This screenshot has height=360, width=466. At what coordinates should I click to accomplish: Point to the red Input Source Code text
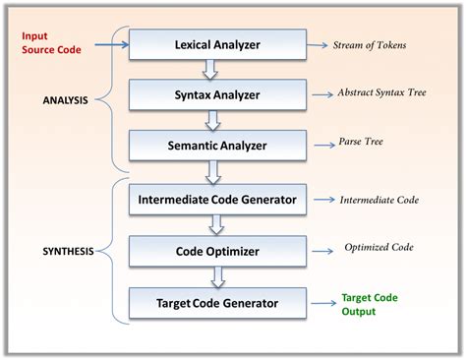(50, 42)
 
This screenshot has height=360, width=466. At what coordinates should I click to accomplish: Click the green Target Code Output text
(372, 304)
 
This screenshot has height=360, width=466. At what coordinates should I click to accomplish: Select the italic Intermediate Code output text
(379, 200)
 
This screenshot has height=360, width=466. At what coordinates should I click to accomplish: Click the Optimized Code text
(379, 248)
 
